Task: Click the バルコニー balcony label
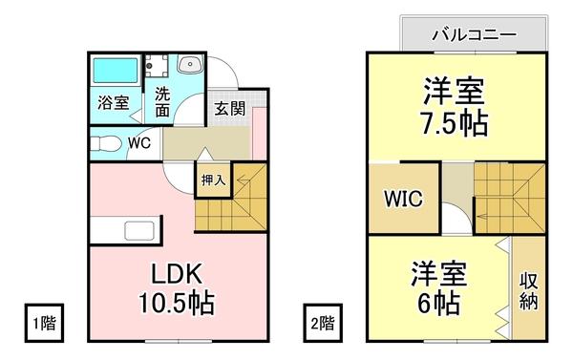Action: tap(475, 34)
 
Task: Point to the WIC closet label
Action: tap(405, 201)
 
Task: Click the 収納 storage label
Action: tap(528, 290)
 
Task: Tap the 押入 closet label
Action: tap(213, 179)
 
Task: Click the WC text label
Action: tap(138, 143)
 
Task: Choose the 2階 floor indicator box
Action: tap(321, 322)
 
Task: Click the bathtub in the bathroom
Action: tap(116, 73)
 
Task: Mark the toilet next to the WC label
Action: tap(101, 144)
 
